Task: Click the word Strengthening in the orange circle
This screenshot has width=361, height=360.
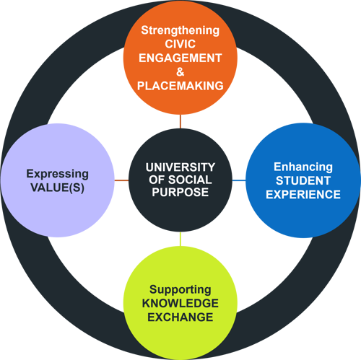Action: [180, 31]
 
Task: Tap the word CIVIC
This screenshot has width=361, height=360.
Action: [180, 45]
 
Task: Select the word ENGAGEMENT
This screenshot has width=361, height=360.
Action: [180, 58]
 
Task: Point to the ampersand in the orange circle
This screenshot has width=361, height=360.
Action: [180, 72]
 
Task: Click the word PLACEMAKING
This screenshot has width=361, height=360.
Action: [180, 86]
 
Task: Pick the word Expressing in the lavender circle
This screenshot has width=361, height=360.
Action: [58, 173]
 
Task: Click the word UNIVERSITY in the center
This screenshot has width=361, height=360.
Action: [180, 165]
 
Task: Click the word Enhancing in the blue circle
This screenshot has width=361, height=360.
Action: [297, 167]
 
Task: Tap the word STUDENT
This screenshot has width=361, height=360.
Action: [297, 180]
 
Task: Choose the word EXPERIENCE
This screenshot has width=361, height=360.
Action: [297, 194]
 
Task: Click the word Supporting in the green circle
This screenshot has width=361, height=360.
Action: [180, 289]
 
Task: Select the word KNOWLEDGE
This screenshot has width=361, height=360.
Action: [180, 303]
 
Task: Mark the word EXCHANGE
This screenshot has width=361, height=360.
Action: [180, 317]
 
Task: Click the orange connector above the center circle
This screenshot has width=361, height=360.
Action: [180, 121]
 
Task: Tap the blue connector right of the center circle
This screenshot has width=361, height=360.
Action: [238, 180]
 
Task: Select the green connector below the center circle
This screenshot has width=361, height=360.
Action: [180, 237]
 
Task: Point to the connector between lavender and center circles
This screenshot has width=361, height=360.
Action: [121, 180]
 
